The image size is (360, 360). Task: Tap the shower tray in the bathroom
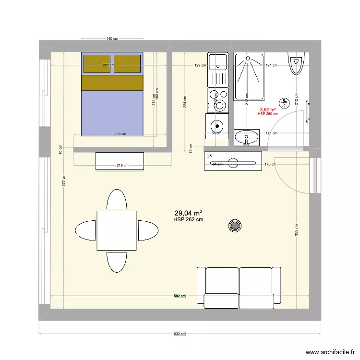[x=249, y=77]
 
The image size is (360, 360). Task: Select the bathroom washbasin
[x=247, y=137]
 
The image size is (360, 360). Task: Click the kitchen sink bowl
[x=218, y=61]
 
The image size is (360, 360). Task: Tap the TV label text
[x=210, y=156]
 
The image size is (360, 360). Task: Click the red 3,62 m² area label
[x=267, y=109]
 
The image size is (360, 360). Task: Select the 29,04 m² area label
[x=188, y=213]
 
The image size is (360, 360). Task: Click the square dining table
[x=116, y=230]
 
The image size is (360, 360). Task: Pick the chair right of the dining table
[x=148, y=230]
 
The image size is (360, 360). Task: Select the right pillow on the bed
[x=128, y=63]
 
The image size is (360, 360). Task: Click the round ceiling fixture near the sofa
[x=235, y=226]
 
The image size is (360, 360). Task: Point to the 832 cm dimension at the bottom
[x=180, y=334]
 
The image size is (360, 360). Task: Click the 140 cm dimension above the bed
[x=112, y=38]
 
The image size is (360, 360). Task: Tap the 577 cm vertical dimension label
[x=64, y=180]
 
